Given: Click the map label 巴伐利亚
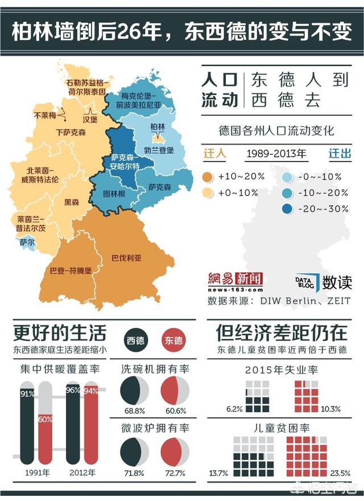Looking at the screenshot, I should [126, 258].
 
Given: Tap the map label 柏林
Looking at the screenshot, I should [157, 127].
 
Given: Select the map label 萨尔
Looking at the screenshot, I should [27, 242].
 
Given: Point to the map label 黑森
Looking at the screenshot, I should [72, 202].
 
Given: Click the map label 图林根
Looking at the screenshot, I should [114, 194].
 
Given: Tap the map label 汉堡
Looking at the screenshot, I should [90, 120].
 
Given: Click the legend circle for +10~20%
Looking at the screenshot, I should [207, 176].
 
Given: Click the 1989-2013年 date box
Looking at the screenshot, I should [276, 154].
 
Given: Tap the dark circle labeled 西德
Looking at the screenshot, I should [135, 340].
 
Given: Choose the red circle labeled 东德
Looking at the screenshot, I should [173, 340].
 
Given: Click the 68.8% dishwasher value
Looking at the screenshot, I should [134, 410].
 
